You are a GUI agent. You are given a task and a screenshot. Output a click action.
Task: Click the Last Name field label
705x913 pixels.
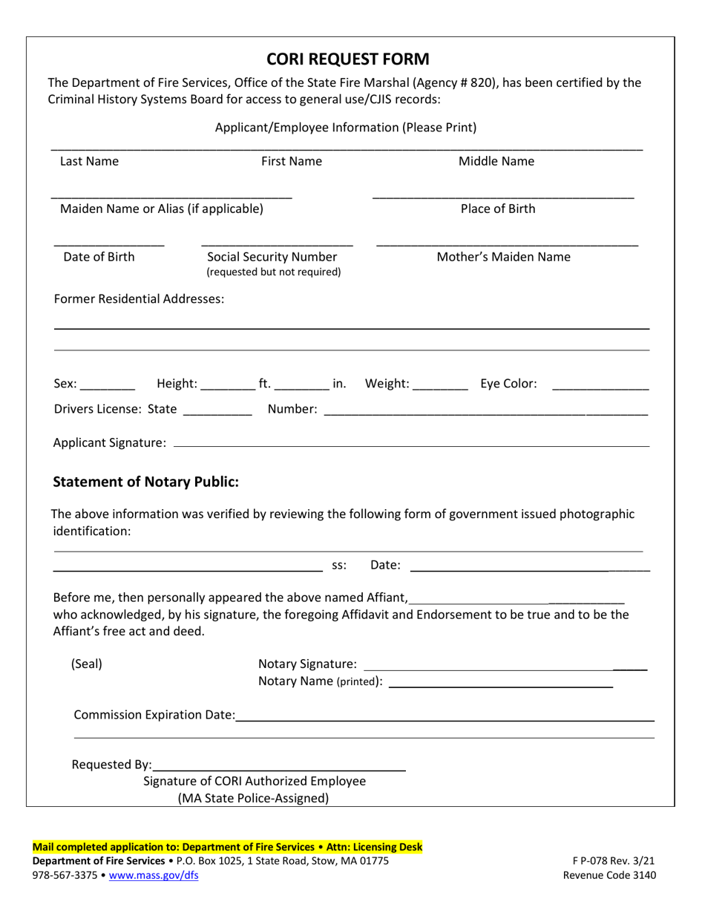point(89,162)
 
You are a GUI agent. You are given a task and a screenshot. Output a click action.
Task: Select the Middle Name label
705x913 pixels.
point(496,162)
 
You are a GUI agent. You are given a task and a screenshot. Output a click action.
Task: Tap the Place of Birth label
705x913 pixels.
point(498,209)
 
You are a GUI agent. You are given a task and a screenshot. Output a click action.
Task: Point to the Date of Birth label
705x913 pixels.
point(99,258)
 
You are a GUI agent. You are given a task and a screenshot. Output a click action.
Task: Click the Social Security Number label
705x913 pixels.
point(273,258)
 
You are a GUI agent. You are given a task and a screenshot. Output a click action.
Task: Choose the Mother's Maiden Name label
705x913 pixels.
point(504,258)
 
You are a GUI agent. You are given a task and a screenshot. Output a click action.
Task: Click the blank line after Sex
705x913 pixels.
point(108,387)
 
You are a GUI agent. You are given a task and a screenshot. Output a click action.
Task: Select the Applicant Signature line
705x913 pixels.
point(410,445)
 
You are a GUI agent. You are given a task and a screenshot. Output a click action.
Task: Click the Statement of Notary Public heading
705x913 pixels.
point(146,482)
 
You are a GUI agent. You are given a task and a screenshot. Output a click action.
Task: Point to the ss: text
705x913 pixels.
point(339,566)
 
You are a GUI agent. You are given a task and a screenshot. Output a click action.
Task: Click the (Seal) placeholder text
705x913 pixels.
point(87,664)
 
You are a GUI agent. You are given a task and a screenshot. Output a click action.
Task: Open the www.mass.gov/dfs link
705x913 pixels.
point(154,875)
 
